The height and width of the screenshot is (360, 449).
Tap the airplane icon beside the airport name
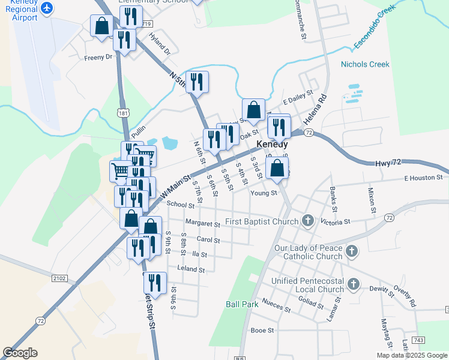pyautogui.click(x=47, y=8)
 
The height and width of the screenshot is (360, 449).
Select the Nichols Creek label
pyautogui.click(x=365, y=64)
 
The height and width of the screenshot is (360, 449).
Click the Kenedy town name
pyautogui.click(x=272, y=145)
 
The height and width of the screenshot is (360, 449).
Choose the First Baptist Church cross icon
pyautogui.click(x=308, y=221)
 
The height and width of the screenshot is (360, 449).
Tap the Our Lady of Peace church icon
pyautogui.click(x=352, y=251)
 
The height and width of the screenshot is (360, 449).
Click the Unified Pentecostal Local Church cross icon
pyautogui.click(x=354, y=284)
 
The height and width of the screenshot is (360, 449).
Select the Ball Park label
pyautogui.click(x=242, y=304)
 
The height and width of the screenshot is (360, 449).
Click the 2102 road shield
pyautogui.click(x=59, y=278)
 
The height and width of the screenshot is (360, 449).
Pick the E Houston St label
pyautogui.click(x=423, y=178)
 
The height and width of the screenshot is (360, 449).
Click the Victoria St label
pyautogui.click(x=335, y=222)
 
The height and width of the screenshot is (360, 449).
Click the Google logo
pyautogui.click(x=20, y=353)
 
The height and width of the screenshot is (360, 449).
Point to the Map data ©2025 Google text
pyautogui.click(x=411, y=355)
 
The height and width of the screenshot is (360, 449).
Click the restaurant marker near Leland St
pyautogui.click(x=155, y=283)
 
